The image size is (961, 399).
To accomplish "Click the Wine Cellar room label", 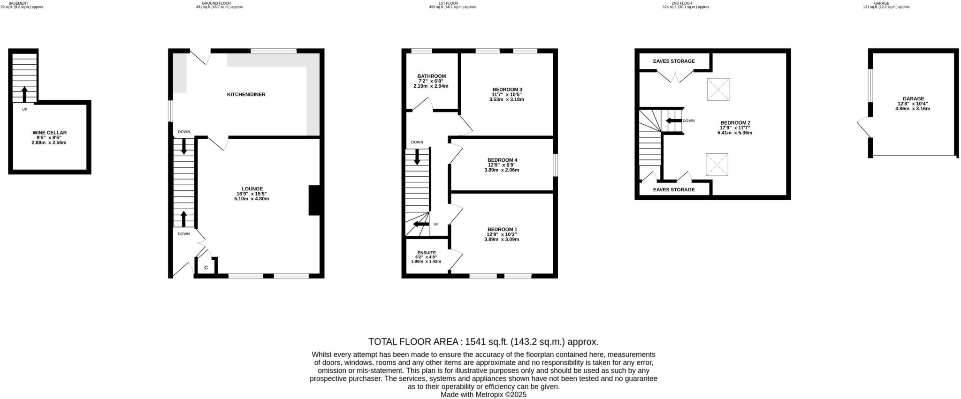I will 49,133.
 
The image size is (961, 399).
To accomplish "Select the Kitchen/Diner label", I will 246,95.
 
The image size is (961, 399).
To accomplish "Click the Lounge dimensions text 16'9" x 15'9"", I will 252,194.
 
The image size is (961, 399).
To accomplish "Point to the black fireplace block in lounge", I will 314,200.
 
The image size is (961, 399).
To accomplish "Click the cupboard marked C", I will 206,268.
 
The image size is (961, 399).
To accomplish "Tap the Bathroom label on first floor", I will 431,76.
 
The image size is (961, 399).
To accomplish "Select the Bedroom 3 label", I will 507,89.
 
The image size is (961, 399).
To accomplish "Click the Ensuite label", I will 426,253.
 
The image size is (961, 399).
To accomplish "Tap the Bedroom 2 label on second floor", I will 735,123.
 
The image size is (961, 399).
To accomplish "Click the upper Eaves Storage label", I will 673,61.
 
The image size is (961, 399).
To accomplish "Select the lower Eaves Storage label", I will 673,190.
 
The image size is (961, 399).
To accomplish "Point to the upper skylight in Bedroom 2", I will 718,89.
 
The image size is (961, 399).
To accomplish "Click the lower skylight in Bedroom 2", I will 717,165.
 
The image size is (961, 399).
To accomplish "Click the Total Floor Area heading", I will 483,342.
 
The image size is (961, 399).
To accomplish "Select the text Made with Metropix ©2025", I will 483,395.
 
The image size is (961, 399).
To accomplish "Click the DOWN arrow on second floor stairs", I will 673,121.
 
